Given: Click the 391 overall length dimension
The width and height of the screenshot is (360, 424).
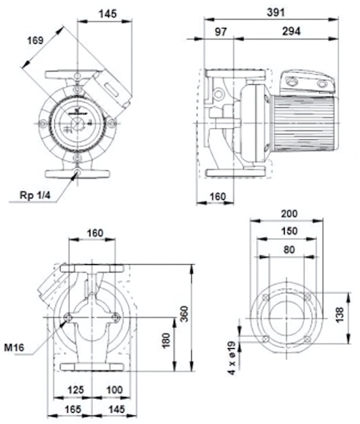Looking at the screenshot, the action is click(x=276, y=13).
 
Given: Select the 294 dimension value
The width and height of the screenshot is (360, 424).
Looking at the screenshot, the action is click(x=291, y=31).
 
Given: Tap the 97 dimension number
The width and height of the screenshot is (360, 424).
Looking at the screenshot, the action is click(x=221, y=32).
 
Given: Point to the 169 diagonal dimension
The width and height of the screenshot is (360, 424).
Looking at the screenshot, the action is click(x=35, y=41).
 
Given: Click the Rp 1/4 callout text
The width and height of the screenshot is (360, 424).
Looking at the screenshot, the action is click(x=35, y=195).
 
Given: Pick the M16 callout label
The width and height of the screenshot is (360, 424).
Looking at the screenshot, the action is click(x=14, y=347).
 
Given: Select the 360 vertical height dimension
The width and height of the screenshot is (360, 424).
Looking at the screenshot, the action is click(x=185, y=314).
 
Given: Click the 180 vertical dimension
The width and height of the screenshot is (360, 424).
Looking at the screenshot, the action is click(x=166, y=340).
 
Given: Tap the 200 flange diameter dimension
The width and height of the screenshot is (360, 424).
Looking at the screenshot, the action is click(x=289, y=214).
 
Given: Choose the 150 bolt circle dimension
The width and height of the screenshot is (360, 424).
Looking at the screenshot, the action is click(x=289, y=231).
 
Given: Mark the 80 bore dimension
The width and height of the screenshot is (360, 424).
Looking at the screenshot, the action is click(x=289, y=250).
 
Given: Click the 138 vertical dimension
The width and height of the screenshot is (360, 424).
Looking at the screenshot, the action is click(x=339, y=314).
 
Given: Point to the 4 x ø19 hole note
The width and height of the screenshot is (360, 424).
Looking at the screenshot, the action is click(x=232, y=358).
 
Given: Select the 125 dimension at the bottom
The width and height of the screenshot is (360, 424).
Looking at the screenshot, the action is click(x=75, y=390).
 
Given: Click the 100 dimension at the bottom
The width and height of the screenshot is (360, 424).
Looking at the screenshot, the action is click(x=114, y=390).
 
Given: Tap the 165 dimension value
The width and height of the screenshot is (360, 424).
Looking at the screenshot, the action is click(x=73, y=409).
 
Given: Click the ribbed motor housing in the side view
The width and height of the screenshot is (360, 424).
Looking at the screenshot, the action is click(x=305, y=123).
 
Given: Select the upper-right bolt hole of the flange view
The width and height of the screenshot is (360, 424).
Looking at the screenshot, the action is click(x=307, y=298).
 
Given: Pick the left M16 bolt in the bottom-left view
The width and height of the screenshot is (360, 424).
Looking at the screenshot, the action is click(x=68, y=318).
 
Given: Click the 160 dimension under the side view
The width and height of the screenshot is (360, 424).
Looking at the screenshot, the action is click(x=218, y=197).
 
